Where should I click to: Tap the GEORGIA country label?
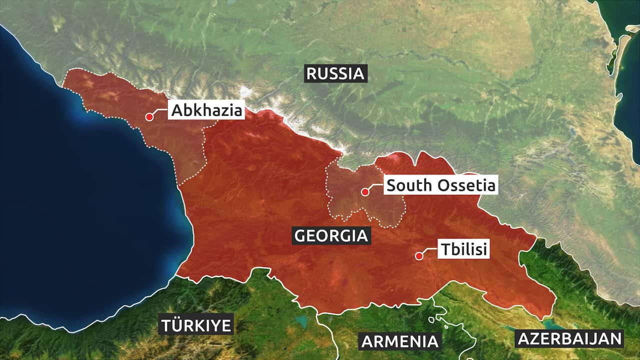coord(331,235)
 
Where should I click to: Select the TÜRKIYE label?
coord(196,325)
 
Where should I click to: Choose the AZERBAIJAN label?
coord(569,338)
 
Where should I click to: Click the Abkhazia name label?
coord(206,110)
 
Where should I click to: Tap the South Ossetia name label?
coord(441,185)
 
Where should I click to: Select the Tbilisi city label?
coord(463,249)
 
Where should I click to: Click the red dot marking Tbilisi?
coord(419,256)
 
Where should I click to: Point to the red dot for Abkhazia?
coord(149,117)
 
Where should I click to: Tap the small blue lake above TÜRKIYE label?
coord(300,319)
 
